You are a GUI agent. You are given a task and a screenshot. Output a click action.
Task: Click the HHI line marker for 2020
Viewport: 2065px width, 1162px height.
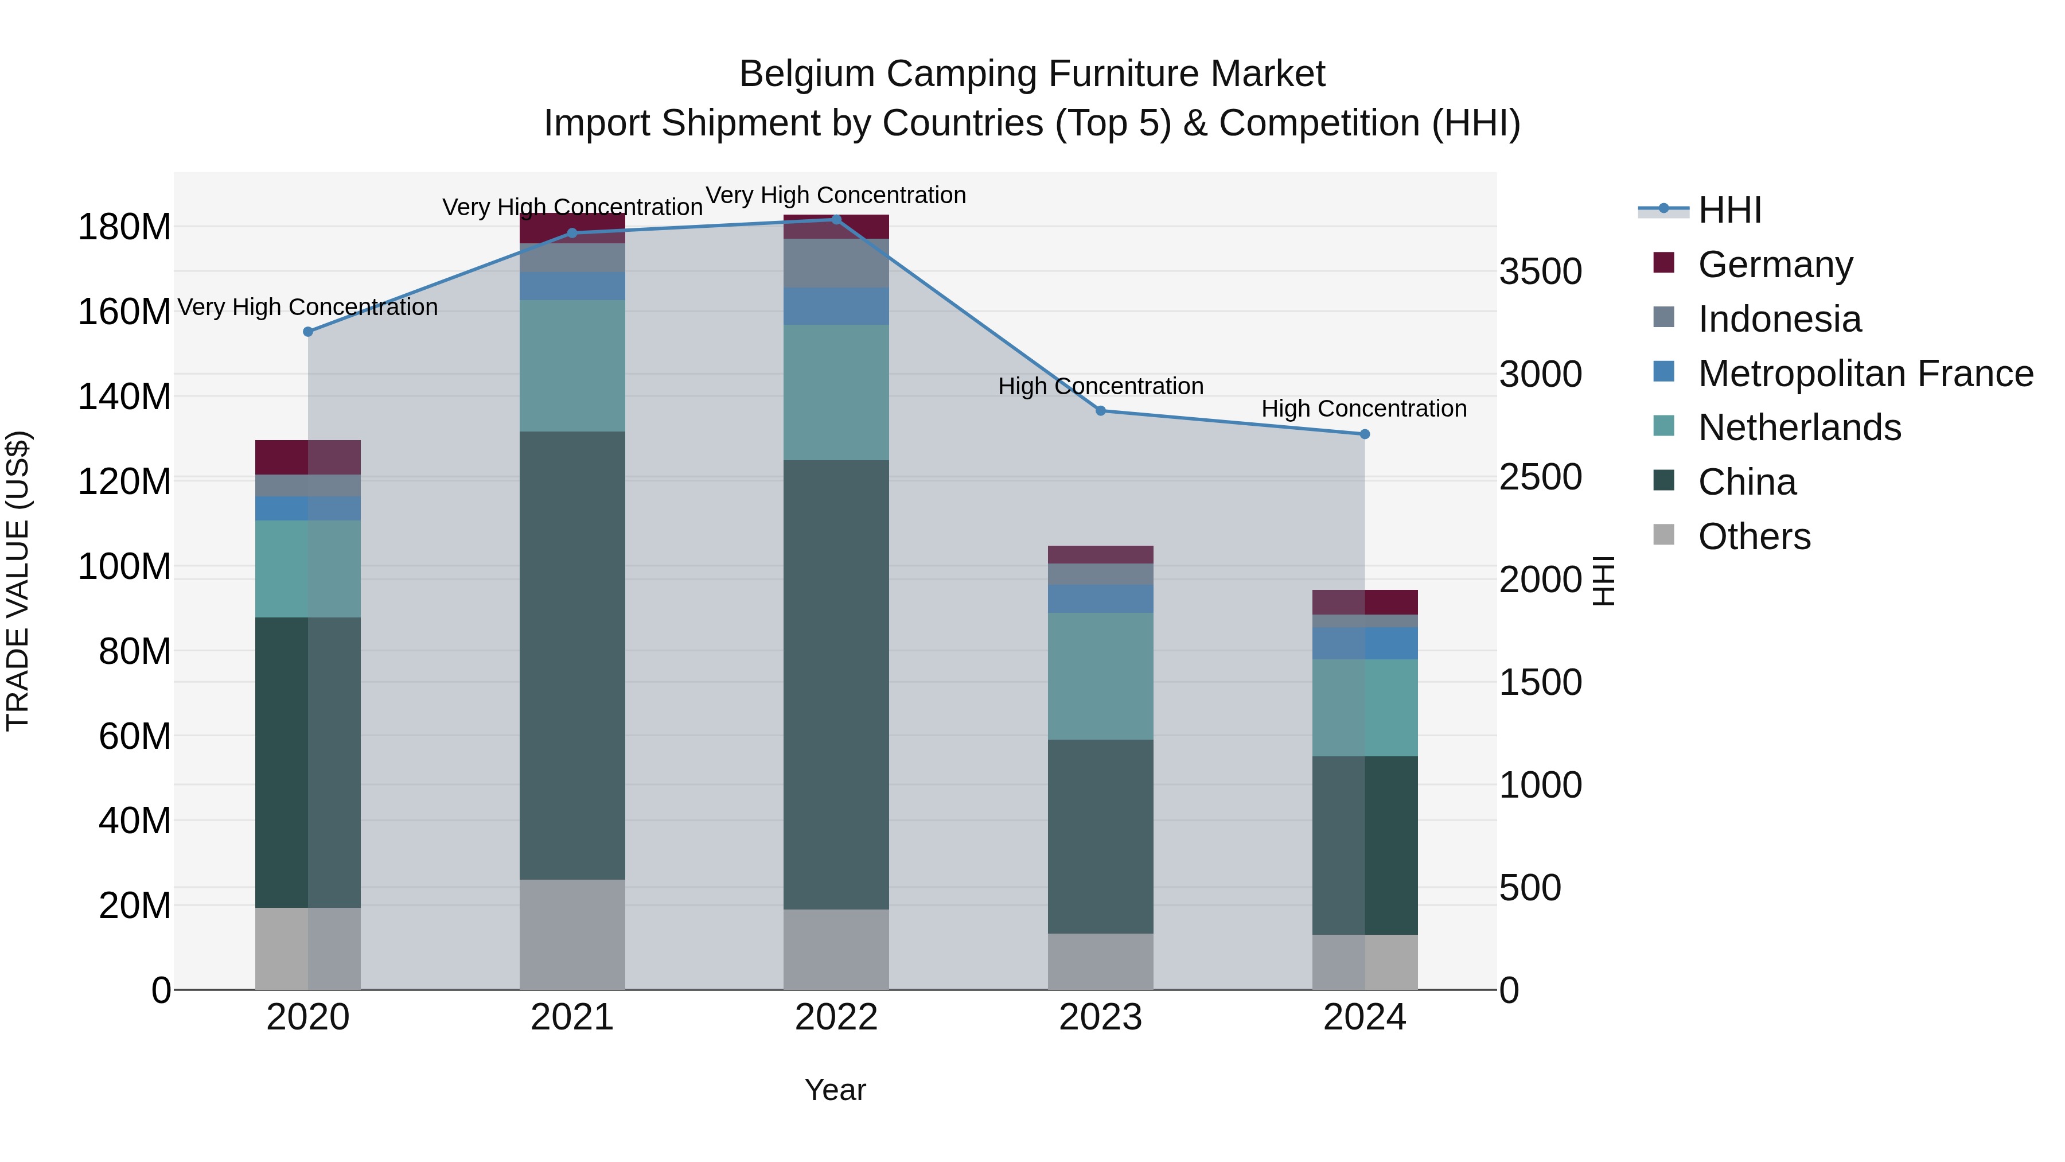tap(308, 331)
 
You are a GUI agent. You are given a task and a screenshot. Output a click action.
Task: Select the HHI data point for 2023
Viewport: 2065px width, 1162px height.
tap(1101, 411)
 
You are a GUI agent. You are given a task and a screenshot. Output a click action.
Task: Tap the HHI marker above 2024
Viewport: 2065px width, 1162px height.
tap(1365, 434)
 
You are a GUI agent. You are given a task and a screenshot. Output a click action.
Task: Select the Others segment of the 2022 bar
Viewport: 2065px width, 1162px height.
tap(836, 949)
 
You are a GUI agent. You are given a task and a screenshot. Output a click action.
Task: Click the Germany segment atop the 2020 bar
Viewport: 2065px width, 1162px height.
tap(308, 457)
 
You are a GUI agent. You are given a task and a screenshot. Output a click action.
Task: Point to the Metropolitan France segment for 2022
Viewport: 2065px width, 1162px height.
tap(836, 306)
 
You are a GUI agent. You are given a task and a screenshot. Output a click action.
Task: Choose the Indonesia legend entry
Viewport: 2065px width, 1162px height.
tap(1779, 319)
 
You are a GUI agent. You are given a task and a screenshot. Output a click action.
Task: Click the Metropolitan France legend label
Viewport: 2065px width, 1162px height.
tap(1865, 374)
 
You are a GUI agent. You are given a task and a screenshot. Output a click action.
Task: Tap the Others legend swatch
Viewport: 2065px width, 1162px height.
tap(1664, 535)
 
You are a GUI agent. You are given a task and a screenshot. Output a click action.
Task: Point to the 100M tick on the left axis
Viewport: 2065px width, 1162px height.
tap(124, 566)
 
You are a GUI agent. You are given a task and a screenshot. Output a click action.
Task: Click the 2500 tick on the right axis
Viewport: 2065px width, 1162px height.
tap(1540, 477)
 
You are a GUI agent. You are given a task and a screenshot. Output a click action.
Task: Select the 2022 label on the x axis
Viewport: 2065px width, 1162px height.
tap(836, 1017)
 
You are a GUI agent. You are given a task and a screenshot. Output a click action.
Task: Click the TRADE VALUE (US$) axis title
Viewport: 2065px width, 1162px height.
tap(18, 581)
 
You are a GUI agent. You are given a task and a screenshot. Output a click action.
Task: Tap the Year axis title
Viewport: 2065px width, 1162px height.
tap(835, 1090)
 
